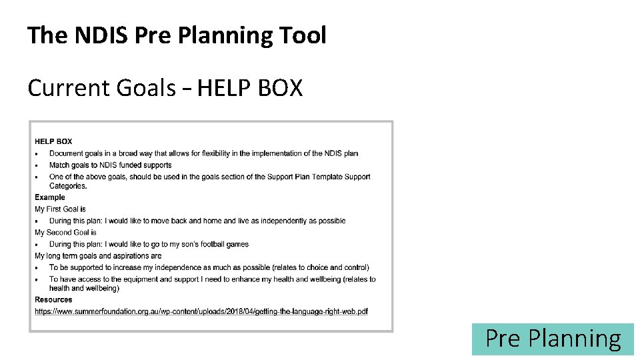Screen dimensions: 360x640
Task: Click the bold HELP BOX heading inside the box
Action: [x=53, y=141]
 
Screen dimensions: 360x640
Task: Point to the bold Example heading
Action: [x=50, y=197]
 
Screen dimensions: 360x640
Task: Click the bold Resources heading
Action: [x=53, y=300]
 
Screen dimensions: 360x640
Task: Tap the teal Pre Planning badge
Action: [x=553, y=339]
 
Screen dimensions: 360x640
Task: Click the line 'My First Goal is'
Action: [x=60, y=209]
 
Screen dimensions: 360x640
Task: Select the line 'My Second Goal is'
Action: [x=65, y=233]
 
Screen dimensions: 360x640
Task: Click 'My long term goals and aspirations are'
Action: [x=98, y=256]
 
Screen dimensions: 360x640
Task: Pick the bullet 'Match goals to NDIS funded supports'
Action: [x=110, y=165]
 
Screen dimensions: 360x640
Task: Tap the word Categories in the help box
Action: [x=67, y=186]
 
